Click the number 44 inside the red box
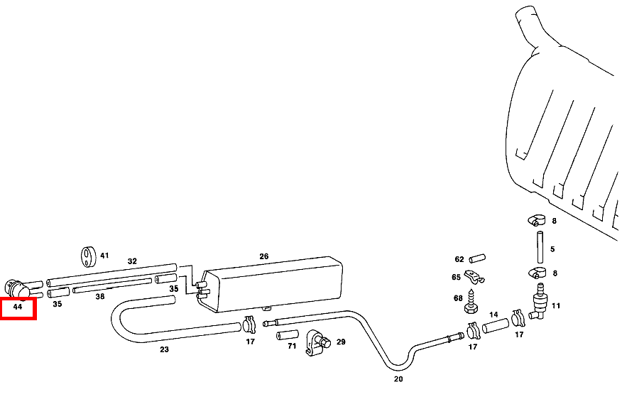pos(18,307)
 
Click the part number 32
pos(132,261)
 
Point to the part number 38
pos(100,296)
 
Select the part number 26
pos(264,256)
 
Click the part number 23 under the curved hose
pos(164,349)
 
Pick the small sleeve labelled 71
pos(288,334)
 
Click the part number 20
pos(398,379)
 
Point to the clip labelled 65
pos(474,277)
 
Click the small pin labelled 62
pos(475,258)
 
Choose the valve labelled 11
pos(540,301)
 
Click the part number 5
pos(552,249)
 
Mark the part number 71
pos(292,346)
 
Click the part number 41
pos(104,255)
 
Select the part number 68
pos(458,298)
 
